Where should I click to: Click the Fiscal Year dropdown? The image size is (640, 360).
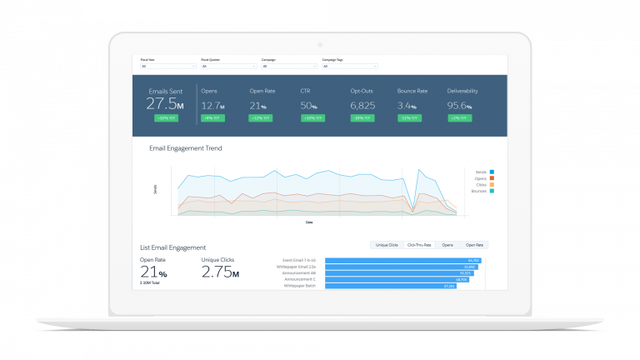point(167,66)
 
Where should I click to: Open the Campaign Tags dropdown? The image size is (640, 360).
point(350,66)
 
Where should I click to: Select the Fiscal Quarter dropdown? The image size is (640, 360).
point(227,66)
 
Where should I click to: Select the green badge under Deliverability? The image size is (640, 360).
point(459,118)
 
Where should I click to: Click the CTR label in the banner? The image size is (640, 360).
point(305,90)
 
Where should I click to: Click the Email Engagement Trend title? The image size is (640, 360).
point(185,148)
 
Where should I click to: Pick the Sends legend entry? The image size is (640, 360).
point(482,171)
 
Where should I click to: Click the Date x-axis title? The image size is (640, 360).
point(309,222)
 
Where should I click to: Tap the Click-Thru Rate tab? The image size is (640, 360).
point(418,245)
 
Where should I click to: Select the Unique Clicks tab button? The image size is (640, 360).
point(387,245)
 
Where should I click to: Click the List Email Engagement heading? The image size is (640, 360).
point(173,247)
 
